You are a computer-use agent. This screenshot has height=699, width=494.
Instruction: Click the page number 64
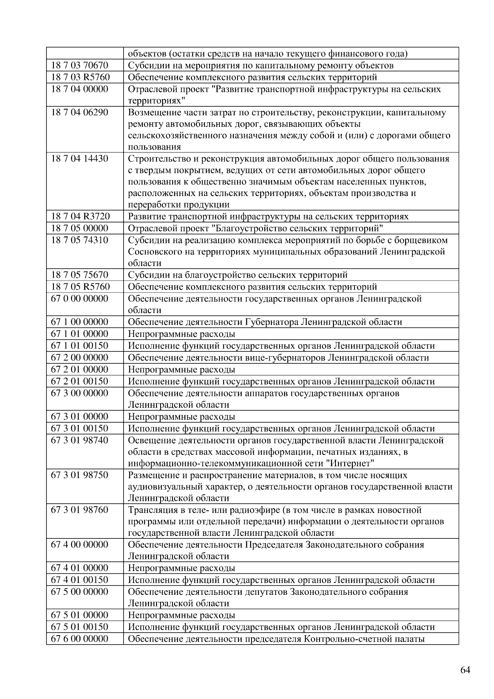pyautogui.click(x=465, y=670)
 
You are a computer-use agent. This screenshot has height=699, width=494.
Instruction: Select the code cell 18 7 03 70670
pyautogui.click(x=79, y=65)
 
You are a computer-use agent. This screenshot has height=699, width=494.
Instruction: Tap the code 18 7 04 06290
pyautogui.click(x=79, y=112)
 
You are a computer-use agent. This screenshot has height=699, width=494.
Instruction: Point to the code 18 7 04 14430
pyautogui.click(x=79, y=159)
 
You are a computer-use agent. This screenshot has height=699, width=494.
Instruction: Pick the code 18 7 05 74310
pyautogui.click(x=79, y=240)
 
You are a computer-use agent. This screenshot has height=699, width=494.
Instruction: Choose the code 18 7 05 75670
pyautogui.click(x=79, y=275)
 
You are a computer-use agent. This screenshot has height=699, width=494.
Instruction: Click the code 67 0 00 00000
pyautogui.click(x=79, y=299)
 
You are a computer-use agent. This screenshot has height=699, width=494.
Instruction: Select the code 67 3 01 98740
pyautogui.click(x=79, y=440)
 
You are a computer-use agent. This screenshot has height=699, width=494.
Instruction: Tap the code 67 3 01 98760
pyautogui.click(x=79, y=510)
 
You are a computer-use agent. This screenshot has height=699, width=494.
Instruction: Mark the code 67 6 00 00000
pyautogui.click(x=79, y=639)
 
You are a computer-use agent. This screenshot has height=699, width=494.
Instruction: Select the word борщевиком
pyautogui.click(x=423, y=240)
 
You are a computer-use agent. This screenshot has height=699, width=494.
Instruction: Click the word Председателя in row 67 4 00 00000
pyautogui.click(x=273, y=545)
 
